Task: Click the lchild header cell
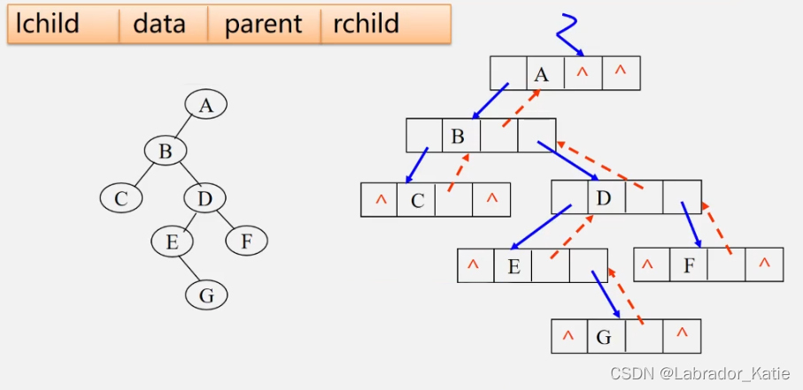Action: click(64, 24)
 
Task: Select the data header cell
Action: click(164, 24)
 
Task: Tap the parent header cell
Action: click(264, 24)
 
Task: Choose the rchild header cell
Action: click(386, 24)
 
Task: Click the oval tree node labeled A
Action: click(206, 105)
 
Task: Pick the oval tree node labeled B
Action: click(165, 151)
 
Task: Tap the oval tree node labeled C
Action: click(121, 198)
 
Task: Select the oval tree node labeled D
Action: click(205, 198)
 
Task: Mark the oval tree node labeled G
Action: click(206, 296)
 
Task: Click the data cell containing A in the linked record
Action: click(546, 73)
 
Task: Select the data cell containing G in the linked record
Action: click(606, 336)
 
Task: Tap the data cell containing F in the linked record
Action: click(689, 264)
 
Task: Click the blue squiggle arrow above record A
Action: click(568, 34)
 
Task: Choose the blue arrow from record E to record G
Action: click(606, 294)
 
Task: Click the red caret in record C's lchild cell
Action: click(381, 200)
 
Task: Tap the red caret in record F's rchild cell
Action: click(765, 263)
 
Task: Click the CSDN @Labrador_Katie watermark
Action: click(699, 373)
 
